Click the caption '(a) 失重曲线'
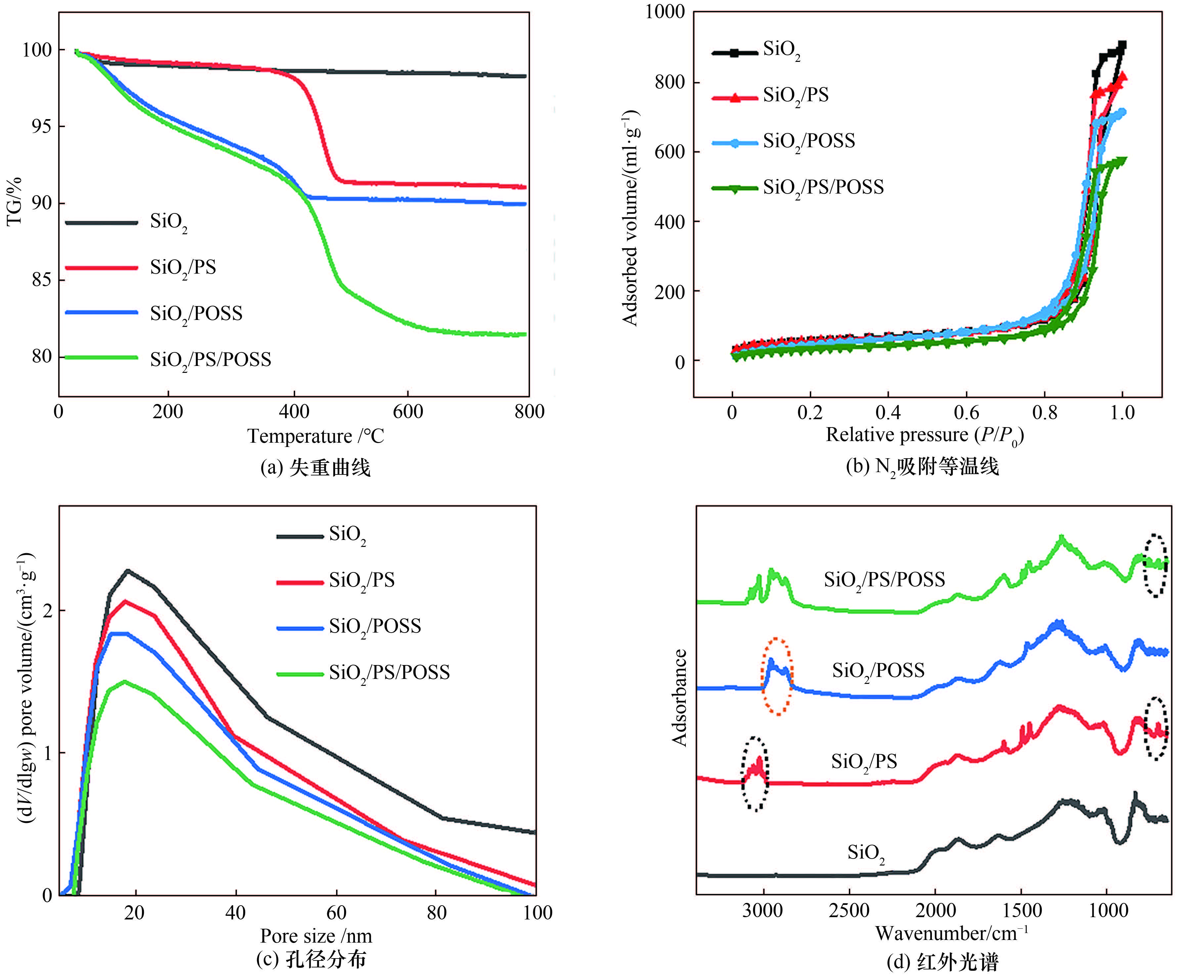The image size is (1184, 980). pyautogui.click(x=315, y=468)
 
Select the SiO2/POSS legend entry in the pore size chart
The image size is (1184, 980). pyautogui.click(x=375, y=626)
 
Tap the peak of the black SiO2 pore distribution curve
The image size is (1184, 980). pyautogui.click(x=127, y=571)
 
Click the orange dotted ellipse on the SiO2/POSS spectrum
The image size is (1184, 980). pyautogui.click(x=777, y=676)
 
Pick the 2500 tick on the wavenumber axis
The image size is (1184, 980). pyautogui.click(x=850, y=911)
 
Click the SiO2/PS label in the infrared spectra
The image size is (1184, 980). pyautogui.click(x=864, y=761)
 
